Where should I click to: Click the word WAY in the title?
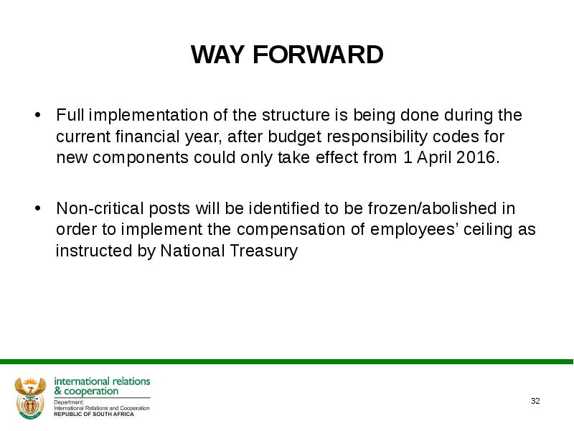[x=217, y=55]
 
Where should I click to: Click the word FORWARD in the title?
[x=318, y=55]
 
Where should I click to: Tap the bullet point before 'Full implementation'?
[x=37, y=115]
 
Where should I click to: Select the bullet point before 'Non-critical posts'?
[x=37, y=208]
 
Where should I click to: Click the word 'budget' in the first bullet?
[x=295, y=137]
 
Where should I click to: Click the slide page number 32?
[x=535, y=401]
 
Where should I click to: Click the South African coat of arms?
[x=30, y=398]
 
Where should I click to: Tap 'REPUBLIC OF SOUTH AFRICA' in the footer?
[x=94, y=414]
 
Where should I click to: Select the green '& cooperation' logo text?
[x=86, y=391]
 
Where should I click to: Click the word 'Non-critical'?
[x=100, y=208]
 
